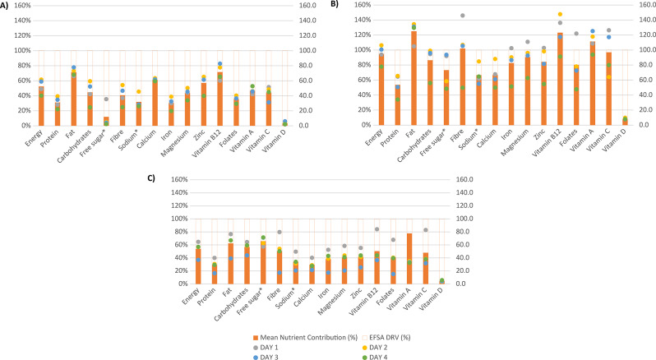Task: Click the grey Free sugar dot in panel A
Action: click(x=106, y=99)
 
